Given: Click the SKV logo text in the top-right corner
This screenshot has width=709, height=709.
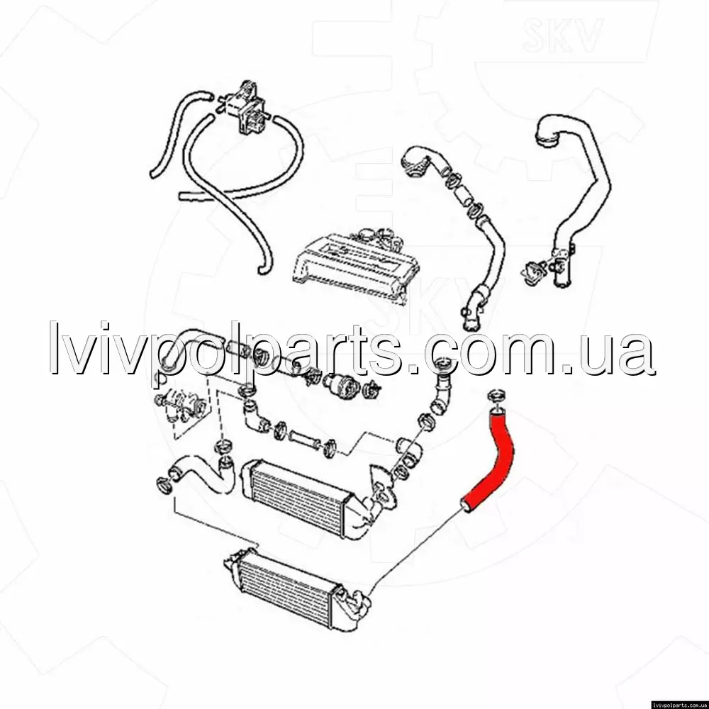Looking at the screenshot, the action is click(562, 35).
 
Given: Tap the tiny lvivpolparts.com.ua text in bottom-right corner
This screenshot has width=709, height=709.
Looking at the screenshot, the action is click(680, 705).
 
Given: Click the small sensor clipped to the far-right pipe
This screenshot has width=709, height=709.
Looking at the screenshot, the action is click(534, 271).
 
